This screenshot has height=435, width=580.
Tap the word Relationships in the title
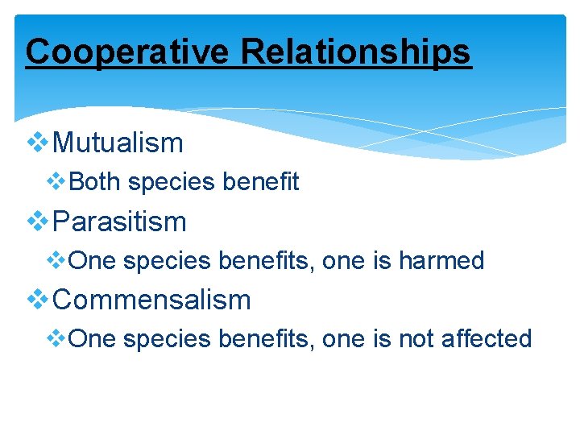tap(355, 52)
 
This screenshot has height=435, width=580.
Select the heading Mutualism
tap(118, 143)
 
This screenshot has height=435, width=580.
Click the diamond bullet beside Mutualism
tap(38, 143)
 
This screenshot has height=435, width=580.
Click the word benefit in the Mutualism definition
tap(261, 182)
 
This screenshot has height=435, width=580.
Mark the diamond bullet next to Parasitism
tap(38, 222)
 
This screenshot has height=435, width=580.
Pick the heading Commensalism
tap(151, 300)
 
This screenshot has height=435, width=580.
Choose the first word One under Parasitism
tap(93, 261)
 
